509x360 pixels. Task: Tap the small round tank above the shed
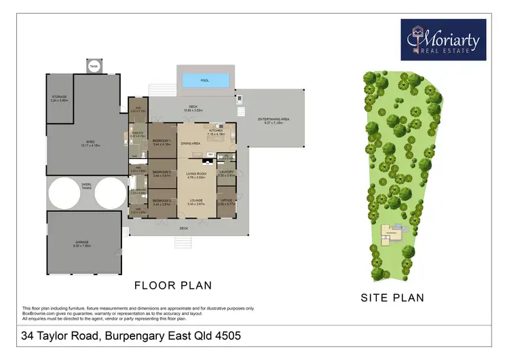click(x=94, y=66)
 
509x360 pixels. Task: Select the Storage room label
click(x=60, y=98)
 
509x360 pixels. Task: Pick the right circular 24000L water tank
click(x=111, y=194)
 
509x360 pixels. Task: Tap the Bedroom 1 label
click(x=161, y=143)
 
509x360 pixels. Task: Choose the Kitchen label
click(x=215, y=133)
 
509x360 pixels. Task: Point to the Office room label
click(x=226, y=202)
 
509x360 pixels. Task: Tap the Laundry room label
click(x=226, y=173)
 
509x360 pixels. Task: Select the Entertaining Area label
click(x=274, y=120)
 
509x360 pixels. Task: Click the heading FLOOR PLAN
click(x=172, y=285)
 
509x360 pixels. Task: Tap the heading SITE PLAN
click(x=392, y=297)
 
